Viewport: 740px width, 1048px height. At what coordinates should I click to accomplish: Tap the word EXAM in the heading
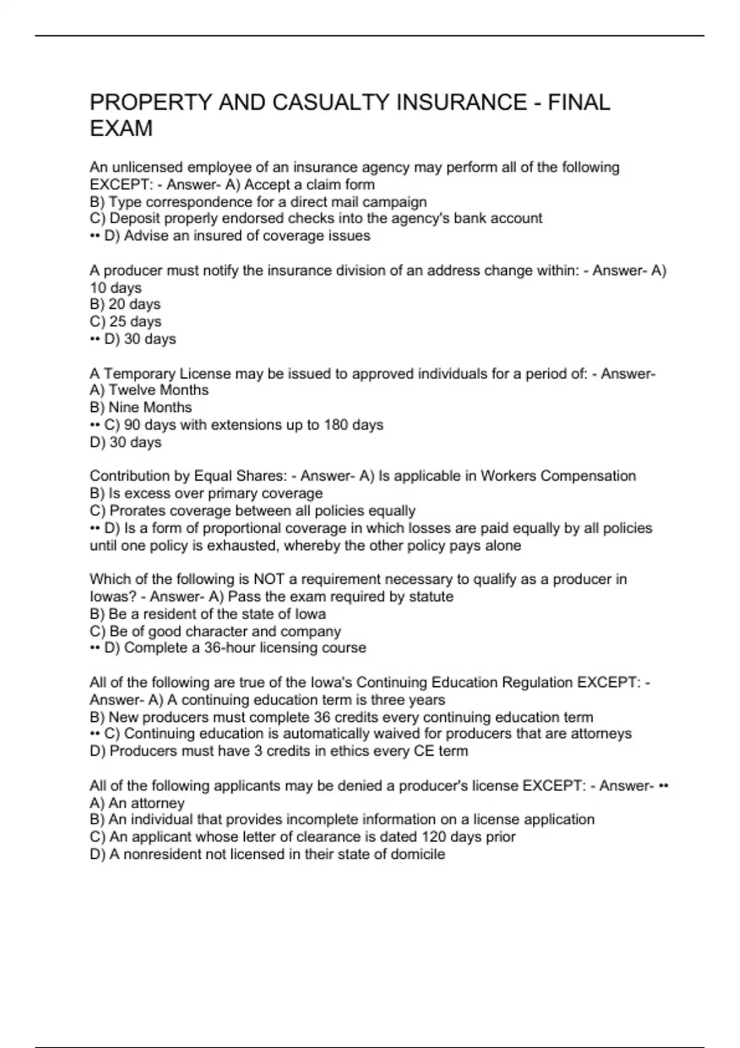coord(121,129)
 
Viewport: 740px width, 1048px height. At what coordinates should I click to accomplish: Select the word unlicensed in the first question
coord(152,168)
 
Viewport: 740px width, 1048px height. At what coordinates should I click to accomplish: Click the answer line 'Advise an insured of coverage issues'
coord(237,236)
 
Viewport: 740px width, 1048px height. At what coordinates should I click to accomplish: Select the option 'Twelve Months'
coord(149,390)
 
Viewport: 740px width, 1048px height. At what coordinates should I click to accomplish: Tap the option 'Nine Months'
coord(141,407)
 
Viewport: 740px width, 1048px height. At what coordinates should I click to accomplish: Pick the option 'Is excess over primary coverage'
coord(206,493)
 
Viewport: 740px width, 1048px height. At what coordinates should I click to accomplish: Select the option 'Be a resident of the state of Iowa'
coord(208,614)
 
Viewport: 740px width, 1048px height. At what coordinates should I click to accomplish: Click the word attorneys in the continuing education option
coord(602,734)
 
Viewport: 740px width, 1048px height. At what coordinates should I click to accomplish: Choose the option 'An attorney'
coord(137,803)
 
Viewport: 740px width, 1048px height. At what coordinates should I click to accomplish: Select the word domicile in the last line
coord(418,854)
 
